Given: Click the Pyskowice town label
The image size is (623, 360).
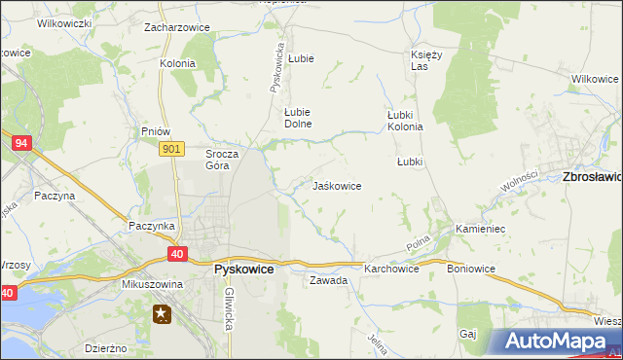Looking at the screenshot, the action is click(243, 270).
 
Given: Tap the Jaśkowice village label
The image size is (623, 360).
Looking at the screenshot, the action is click(337, 185).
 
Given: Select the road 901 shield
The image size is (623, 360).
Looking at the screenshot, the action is click(171, 148).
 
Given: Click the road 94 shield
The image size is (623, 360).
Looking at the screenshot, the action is click(20, 143).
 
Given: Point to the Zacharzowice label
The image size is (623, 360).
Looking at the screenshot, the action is click(176, 27).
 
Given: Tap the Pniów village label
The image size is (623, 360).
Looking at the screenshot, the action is click(156, 131).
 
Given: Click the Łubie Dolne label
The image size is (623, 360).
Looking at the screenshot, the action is click(296, 117).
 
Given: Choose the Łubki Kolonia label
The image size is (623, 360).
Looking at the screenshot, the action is click(405, 120).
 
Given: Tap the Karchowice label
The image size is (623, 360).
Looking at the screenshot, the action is click(391, 269).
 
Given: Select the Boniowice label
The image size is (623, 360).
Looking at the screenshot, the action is click(471, 269).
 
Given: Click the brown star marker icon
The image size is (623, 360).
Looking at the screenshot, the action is click(162, 313).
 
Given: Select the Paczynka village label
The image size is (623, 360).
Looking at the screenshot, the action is click(152, 226).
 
